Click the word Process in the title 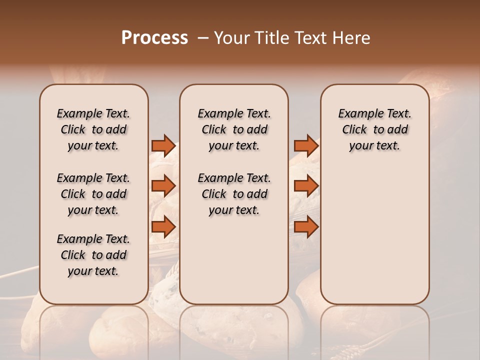(x=154, y=38)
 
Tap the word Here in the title (x=352, y=38)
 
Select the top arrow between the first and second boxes (x=163, y=145)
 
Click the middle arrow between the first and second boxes (x=163, y=186)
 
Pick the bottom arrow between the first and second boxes (x=163, y=226)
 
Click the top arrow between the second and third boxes (x=306, y=145)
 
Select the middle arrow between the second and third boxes (x=306, y=186)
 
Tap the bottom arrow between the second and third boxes (x=306, y=226)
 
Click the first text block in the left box (x=93, y=129)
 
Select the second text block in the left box (x=93, y=194)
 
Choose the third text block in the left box (x=93, y=255)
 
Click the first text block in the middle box (x=234, y=129)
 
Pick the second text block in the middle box (x=234, y=194)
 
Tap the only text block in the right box (x=374, y=129)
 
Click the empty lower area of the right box (x=374, y=235)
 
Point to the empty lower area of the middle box (x=234, y=260)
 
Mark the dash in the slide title (x=202, y=38)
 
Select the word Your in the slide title (x=231, y=38)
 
